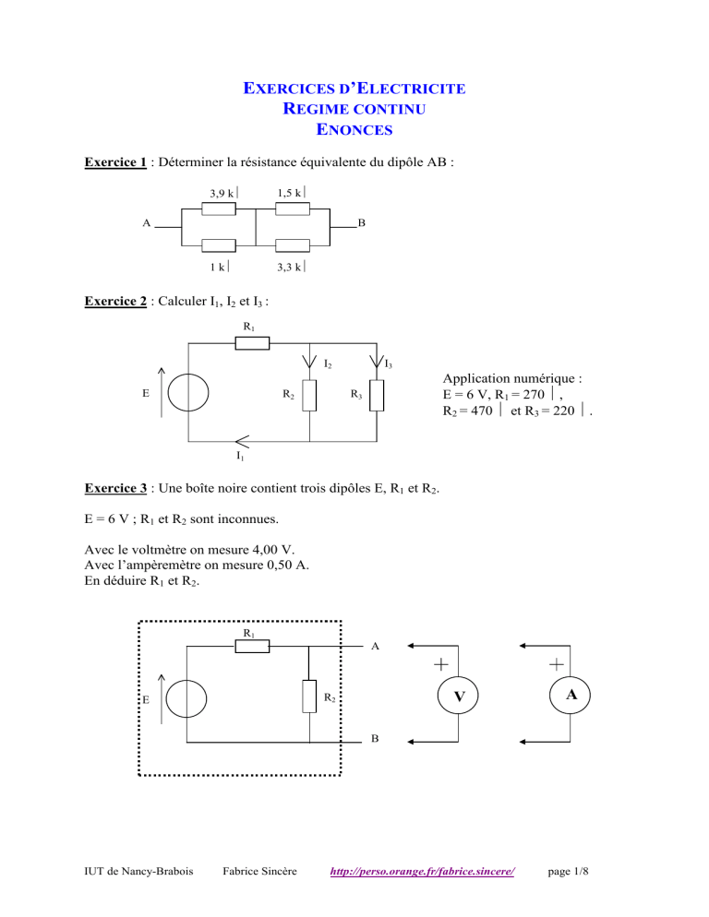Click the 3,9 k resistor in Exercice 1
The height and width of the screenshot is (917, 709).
click(x=218, y=209)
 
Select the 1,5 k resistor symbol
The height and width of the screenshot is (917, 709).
click(x=292, y=209)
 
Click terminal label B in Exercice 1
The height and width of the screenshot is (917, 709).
click(x=362, y=223)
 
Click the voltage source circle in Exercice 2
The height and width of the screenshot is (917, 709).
click(x=187, y=392)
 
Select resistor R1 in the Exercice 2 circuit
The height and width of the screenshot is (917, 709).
click(x=251, y=343)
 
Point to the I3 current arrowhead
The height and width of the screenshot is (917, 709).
click(x=376, y=362)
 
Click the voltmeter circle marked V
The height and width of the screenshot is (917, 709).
click(x=458, y=698)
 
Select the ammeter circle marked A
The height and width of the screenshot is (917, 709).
click(x=571, y=698)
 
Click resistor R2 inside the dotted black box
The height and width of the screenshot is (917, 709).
click(x=309, y=697)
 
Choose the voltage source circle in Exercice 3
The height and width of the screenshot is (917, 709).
click(x=187, y=697)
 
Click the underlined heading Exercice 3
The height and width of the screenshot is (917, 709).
click(x=114, y=488)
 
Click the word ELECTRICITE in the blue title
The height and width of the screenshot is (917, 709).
click(x=409, y=90)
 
